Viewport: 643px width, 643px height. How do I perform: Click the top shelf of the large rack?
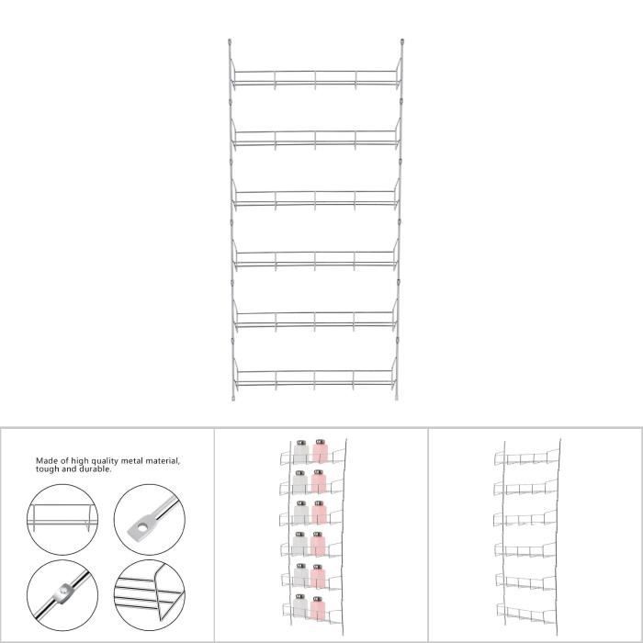tap(315, 78)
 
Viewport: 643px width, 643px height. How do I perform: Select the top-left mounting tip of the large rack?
tap(230, 42)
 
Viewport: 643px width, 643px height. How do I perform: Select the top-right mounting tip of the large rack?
tap(402, 42)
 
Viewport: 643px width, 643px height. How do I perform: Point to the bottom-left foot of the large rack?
tap(233, 397)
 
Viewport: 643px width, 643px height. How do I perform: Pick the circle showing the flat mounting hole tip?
tap(150, 520)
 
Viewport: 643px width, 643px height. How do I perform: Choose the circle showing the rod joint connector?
tap(62, 595)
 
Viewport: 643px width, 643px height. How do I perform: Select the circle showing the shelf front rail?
tap(62, 520)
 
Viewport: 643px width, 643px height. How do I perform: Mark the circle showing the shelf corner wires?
tap(150, 595)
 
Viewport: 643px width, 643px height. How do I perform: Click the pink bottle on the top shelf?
tap(320, 451)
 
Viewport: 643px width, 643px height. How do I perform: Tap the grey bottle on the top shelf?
tap(301, 452)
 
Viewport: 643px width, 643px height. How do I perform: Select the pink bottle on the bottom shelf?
tap(318, 608)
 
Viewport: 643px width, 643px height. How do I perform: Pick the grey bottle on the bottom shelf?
tap(300, 606)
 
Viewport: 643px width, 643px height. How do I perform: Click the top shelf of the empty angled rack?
tap(527, 457)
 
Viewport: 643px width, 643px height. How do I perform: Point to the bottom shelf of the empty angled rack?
tap(527, 614)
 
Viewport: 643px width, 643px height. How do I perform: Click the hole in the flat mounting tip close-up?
tap(141, 527)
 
